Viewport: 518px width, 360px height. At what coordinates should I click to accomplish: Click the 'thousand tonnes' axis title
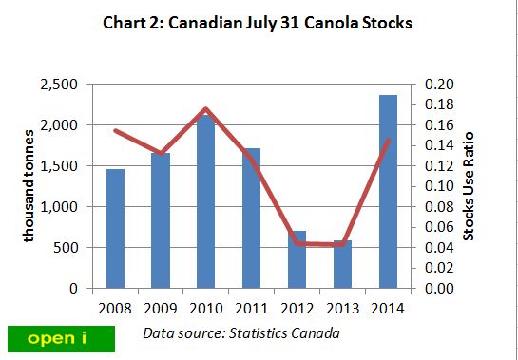tap(29, 187)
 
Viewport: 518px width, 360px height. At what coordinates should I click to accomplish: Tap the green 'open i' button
tap(60, 338)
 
